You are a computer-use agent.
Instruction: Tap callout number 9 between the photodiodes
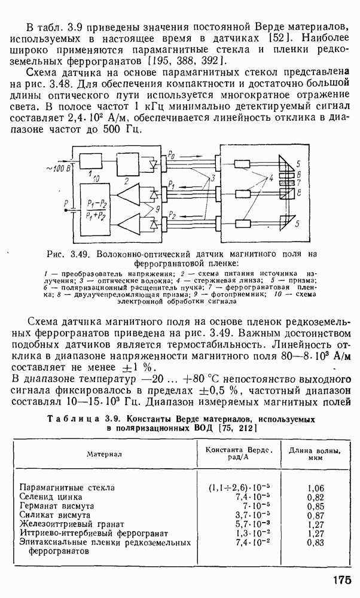(157, 209)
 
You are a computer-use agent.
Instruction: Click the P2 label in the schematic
(172, 213)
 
